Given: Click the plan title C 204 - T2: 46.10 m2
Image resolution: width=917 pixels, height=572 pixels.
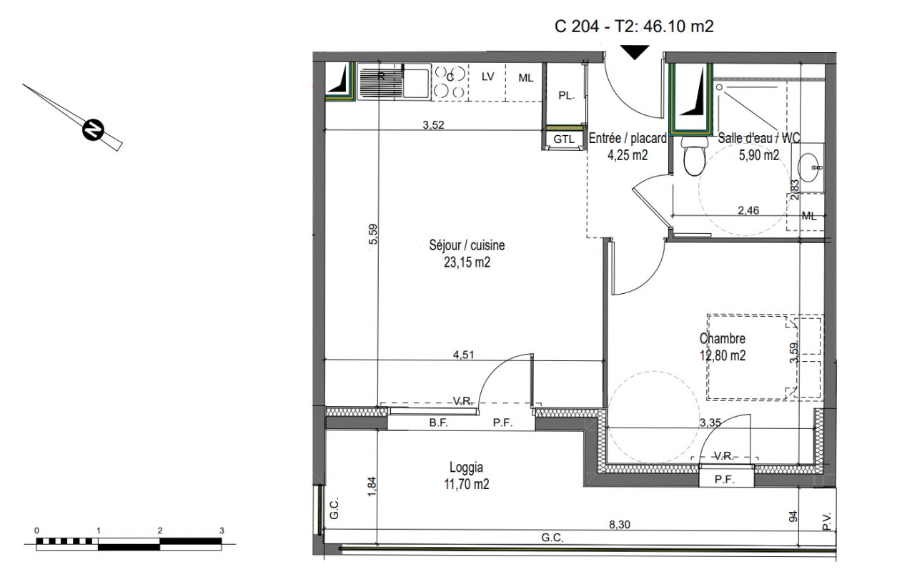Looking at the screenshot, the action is pyautogui.click(x=634, y=26).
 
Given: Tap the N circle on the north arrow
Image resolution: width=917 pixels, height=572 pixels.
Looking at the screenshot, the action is pyautogui.click(x=94, y=129).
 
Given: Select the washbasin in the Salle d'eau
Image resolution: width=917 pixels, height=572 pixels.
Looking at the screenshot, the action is pyautogui.click(x=808, y=167).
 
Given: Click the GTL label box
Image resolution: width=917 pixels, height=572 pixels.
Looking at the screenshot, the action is pyautogui.click(x=564, y=139).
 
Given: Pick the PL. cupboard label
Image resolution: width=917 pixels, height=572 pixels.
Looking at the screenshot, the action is pyautogui.click(x=567, y=96).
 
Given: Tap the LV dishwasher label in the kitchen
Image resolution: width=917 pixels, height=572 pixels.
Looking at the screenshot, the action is pyautogui.click(x=487, y=77).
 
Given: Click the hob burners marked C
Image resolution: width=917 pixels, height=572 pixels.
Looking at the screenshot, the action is pyautogui.click(x=450, y=82).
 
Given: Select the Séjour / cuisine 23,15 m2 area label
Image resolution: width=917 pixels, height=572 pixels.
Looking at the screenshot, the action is pyautogui.click(x=467, y=253).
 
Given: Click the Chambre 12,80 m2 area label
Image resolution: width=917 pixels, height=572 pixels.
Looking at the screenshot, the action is pyautogui.click(x=723, y=347).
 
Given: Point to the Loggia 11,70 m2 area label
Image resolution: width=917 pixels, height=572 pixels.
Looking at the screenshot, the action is pyautogui.click(x=466, y=475).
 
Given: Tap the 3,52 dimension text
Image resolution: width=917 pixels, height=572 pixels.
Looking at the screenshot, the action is pyautogui.click(x=433, y=125).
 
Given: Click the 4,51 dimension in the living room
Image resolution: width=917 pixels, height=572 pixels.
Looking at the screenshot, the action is pyautogui.click(x=463, y=355).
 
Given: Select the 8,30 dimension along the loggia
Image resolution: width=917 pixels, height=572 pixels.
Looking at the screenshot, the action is pyautogui.click(x=620, y=525).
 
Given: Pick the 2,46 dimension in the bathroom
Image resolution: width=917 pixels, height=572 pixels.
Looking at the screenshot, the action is pyautogui.click(x=748, y=210).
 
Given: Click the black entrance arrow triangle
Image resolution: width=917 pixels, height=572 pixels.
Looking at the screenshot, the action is pyautogui.click(x=635, y=52).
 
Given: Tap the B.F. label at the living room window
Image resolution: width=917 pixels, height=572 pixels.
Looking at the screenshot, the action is pyautogui.click(x=438, y=423).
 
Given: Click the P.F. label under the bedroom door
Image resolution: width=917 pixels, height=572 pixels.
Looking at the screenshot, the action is pyautogui.click(x=724, y=480).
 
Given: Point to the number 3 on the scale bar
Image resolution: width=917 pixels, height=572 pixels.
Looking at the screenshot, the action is pyautogui.click(x=222, y=531).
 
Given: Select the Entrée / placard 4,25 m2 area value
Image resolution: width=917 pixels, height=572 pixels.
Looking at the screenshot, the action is pyautogui.click(x=628, y=155).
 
